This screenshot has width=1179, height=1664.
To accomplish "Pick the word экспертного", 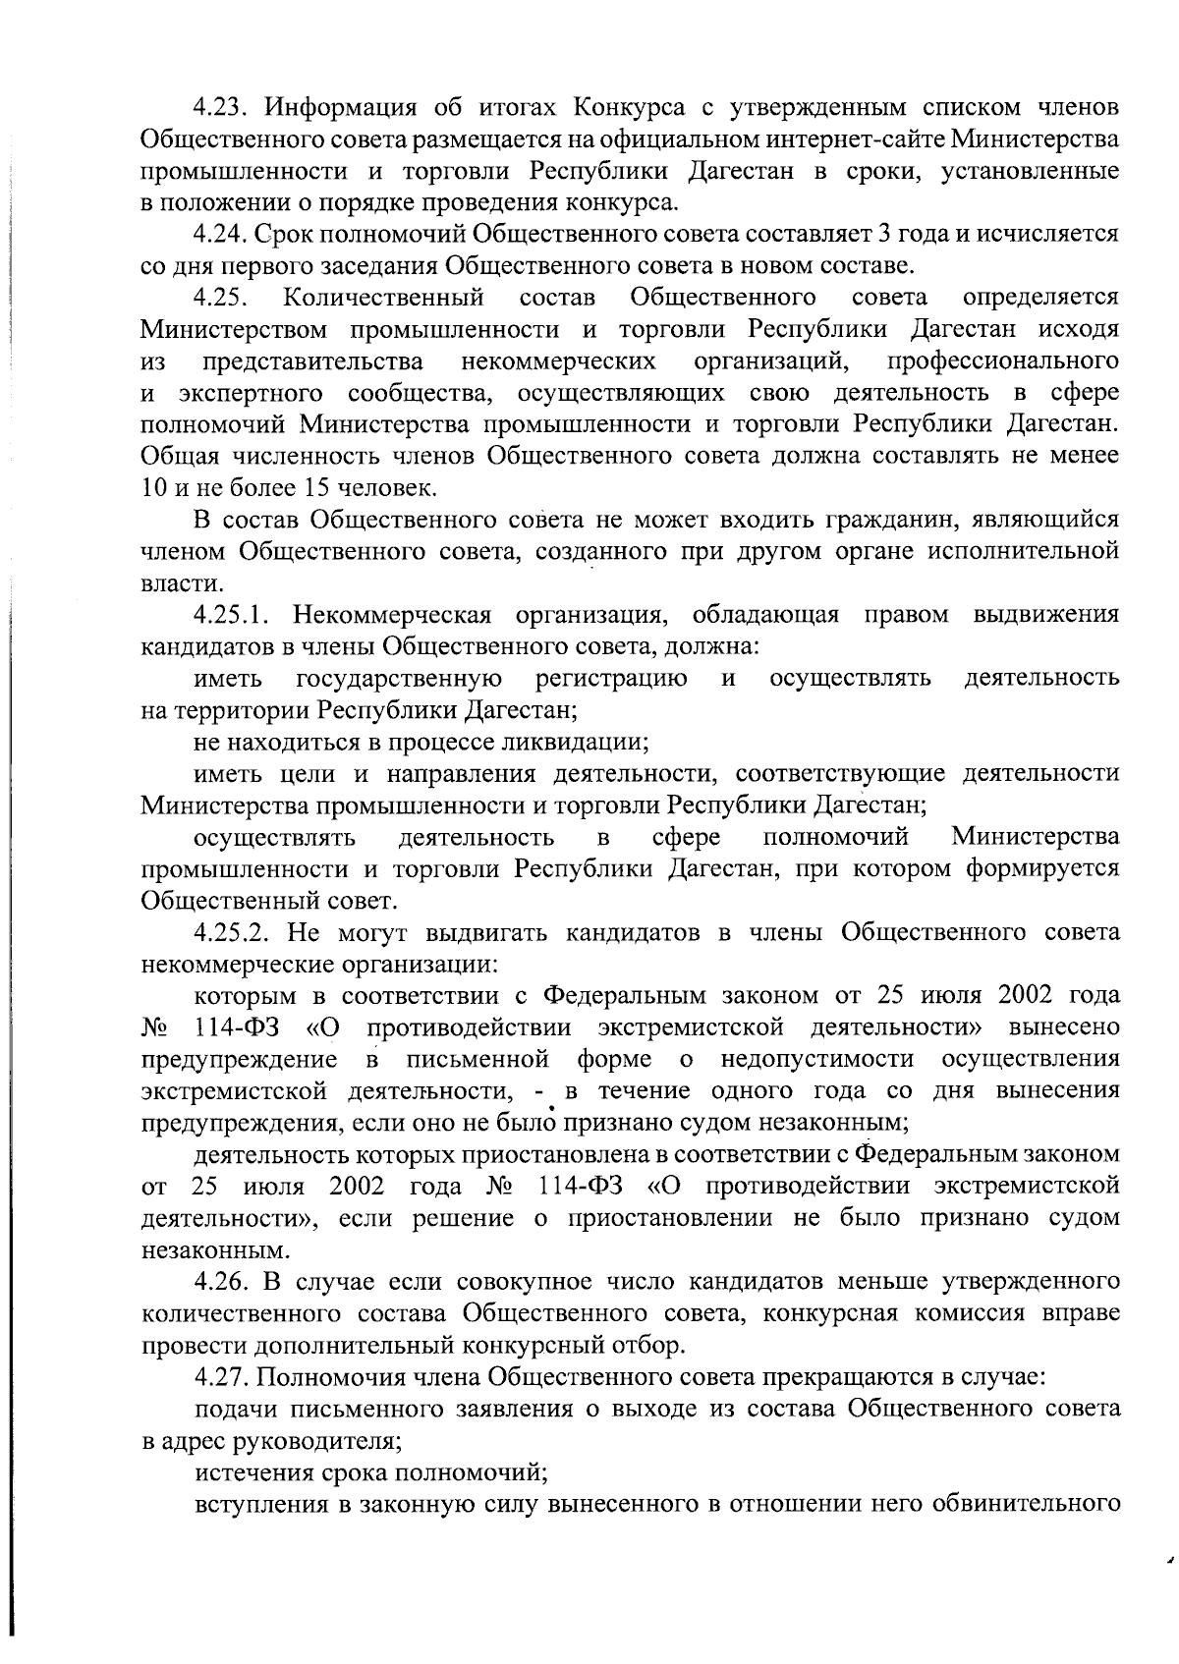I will point(251,393).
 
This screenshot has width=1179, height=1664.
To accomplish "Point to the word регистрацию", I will point(611,678).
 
